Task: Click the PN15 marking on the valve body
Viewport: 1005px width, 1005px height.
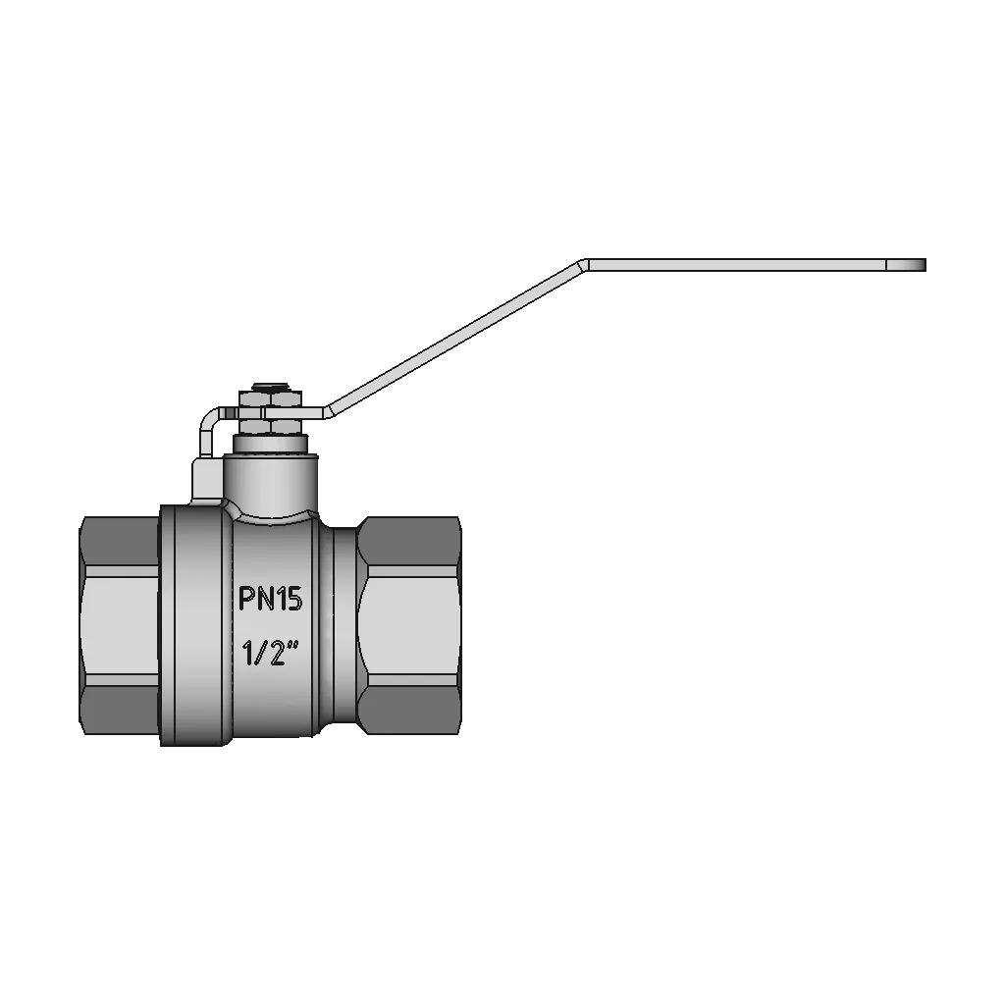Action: (270, 599)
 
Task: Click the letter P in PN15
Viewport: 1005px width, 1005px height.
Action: (247, 599)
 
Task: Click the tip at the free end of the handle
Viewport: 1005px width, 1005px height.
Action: (925, 265)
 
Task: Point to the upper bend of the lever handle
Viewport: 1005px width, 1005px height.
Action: (583, 265)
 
